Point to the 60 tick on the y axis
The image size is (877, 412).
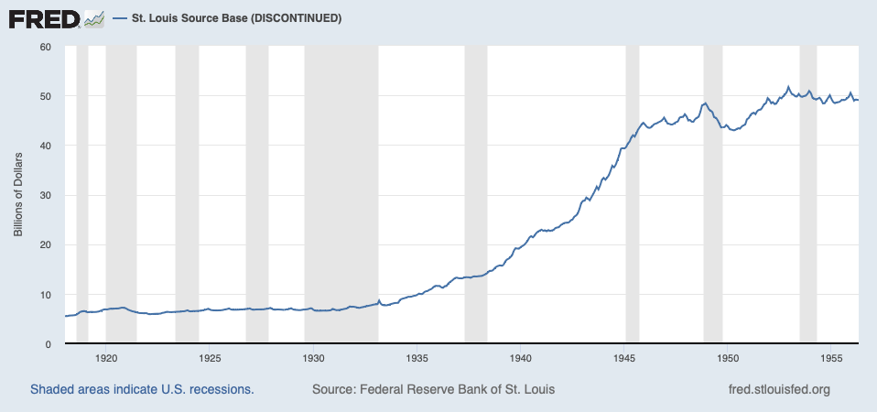click(x=46, y=47)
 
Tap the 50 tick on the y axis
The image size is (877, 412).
click(x=46, y=96)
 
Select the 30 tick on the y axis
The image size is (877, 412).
click(x=46, y=196)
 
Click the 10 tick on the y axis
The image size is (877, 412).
click(x=46, y=295)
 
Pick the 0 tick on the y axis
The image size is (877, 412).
click(x=49, y=344)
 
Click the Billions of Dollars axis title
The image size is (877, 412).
click(x=17, y=195)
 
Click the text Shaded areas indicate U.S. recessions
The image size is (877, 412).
click(x=142, y=390)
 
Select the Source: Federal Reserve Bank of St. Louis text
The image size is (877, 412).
click(x=433, y=390)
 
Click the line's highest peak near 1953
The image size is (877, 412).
click(x=788, y=87)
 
